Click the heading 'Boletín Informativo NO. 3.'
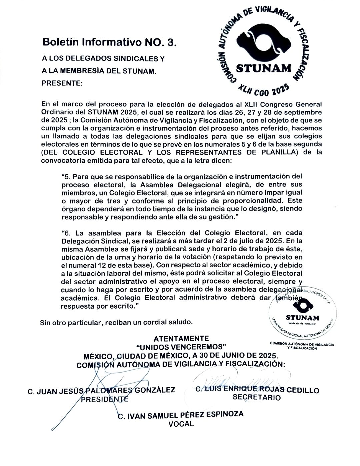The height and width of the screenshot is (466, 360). [108, 42]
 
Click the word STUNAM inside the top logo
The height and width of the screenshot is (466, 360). [264, 69]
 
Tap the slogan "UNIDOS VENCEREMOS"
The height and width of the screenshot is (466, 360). [181, 346]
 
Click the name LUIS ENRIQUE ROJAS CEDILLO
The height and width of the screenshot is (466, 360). [257, 390]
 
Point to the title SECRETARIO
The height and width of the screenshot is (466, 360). [257, 397]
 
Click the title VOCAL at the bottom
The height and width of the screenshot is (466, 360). [181, 424]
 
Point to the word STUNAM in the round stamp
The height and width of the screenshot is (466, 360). [302, 318]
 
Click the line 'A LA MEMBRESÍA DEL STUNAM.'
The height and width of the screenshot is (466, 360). [99, 71]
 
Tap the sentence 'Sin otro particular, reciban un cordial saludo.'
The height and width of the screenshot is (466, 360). [116, 322]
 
